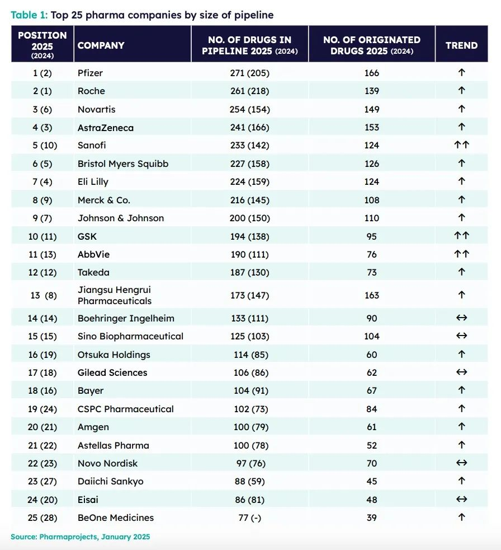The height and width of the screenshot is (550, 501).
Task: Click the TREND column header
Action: click(x=461, y=45)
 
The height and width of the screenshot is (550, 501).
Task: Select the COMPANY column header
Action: click(x=101, y=45)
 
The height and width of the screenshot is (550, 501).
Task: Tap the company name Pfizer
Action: click(x=91, y=73)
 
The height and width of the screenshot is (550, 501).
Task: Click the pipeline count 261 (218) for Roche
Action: click(x=250, y=91)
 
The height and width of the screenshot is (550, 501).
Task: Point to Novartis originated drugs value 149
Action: click(x=372, y=109)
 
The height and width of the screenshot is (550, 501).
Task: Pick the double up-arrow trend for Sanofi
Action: click(x=461, y=145)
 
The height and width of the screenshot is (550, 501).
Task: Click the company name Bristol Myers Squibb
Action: click(x=123, y=164)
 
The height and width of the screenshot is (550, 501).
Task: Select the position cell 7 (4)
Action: click(x=42, y=181)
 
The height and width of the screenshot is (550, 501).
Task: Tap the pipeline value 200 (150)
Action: click(x=250, y=218)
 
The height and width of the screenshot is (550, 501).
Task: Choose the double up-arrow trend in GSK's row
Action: click(x=461, y=236)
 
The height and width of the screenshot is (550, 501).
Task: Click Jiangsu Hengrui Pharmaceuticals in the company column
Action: click(x=115, y=295)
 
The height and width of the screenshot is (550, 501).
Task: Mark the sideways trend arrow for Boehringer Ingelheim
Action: click(x=461, y=318)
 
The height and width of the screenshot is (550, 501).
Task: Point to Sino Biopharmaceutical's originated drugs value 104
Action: click(x=372, y=336)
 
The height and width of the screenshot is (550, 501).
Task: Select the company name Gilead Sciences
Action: click(x=112, y=372)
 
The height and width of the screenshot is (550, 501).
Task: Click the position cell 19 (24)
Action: click(x=42, y=409)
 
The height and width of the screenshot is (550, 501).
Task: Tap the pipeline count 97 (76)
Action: click(x=250, y=463)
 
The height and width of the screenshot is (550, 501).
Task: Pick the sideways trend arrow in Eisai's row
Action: click(x=461, y=500)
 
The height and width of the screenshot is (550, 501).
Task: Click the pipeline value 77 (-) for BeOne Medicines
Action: click(x=250, y=518)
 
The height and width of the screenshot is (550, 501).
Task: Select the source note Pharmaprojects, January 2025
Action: click(x=81, y=537)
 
